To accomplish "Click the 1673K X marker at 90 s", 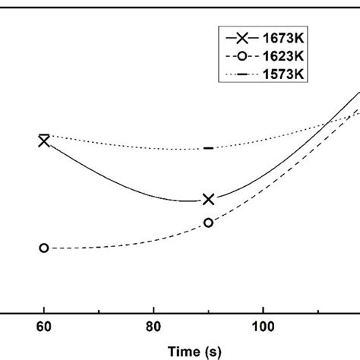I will (x=208, y=199).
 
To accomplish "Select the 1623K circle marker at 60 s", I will (x=44, y=248).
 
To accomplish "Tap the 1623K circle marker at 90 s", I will (x=208, y=223).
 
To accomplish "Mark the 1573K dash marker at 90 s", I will (x=208, y=148).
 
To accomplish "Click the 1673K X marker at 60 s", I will (x=44, y=140).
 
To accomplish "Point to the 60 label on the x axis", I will (x=44, y=331).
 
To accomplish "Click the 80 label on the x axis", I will (x=153, y=331).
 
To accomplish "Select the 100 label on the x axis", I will (x=263, y=331).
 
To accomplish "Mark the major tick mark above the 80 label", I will (x=153, y=309).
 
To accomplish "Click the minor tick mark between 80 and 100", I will (x=208, y=311).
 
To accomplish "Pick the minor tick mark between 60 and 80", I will (x=99, y=311).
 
